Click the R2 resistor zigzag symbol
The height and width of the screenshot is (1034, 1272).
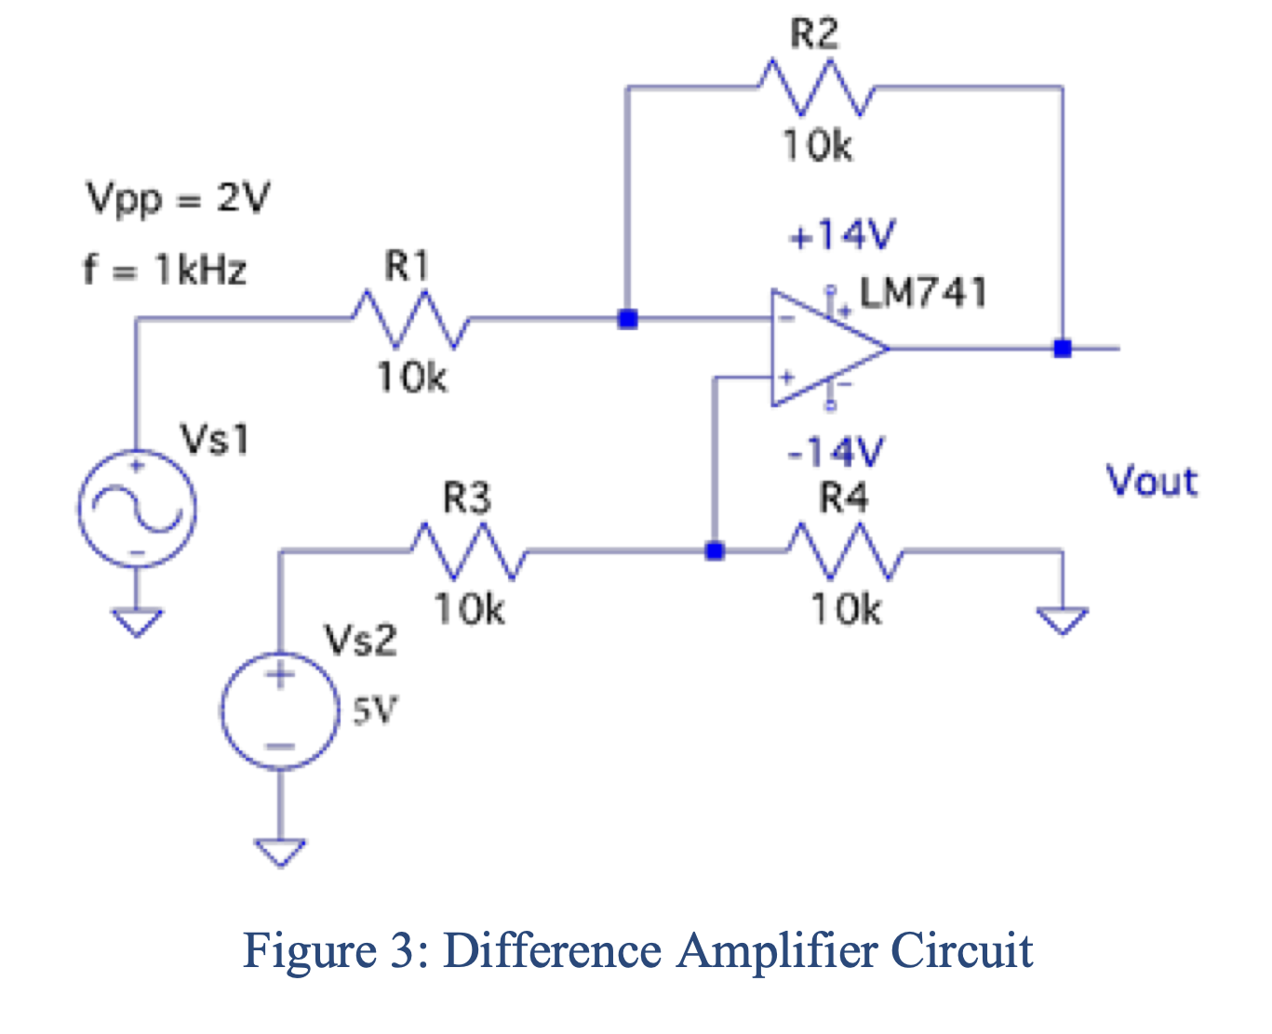[x=816, y=87]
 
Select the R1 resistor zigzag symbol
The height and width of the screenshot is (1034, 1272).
[x=410, y=319]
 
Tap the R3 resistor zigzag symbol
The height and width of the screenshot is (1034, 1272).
[x=469, y=551]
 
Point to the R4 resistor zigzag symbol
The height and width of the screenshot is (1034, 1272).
[x=845, y=551]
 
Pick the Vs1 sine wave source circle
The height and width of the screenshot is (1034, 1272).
[x=137, y=508]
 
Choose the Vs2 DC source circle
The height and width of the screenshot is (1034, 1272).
[x=279, y=711]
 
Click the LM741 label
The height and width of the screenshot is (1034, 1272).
[x=922, y=293]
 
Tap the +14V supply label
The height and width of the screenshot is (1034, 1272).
[x=841, y=235]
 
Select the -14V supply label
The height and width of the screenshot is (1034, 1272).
[x=836, y=453]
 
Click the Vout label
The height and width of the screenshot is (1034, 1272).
[x=1151, y=482]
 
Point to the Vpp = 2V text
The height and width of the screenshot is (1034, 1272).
[x=178, y=198]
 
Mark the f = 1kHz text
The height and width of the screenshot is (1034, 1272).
[x=166, y=270]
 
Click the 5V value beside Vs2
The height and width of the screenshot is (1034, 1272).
[x=374, y=711]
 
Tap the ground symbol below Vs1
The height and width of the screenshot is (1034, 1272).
[x=137, y=621]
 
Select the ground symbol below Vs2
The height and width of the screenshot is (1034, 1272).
[x=280, y=851]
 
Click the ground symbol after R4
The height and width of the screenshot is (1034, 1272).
[x=1063, y=619]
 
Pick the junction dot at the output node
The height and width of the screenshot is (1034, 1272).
[x=1062, y=349]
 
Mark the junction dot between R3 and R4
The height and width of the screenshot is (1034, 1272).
[x=714, y=551]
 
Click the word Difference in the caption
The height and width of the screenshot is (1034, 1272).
[x=553, y=950]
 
